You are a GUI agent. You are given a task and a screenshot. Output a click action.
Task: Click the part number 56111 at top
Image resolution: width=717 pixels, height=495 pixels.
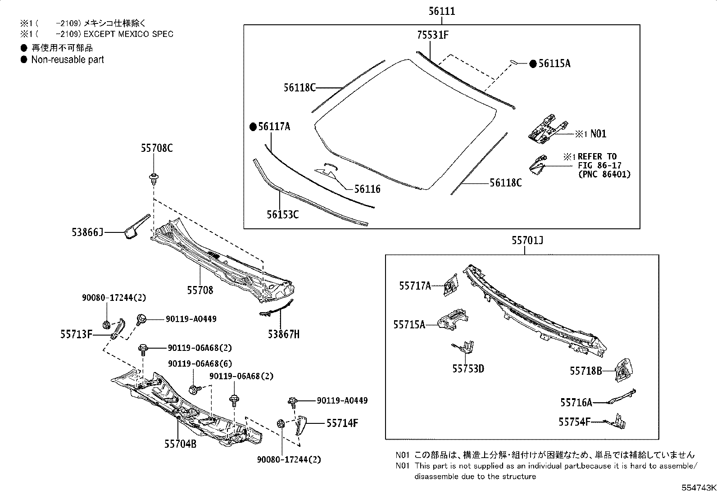(441, 11)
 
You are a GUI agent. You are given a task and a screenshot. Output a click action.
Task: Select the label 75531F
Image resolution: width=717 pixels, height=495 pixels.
(432, 35)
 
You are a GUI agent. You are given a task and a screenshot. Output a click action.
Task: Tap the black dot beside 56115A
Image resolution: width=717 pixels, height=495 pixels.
(533, 64)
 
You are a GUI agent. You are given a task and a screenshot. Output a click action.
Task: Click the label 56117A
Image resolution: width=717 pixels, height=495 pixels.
(274, 127)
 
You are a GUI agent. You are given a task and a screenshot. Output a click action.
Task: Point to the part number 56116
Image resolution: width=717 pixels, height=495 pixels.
(367, 189)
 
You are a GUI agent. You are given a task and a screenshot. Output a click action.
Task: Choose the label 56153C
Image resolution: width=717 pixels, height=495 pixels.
(282, 214)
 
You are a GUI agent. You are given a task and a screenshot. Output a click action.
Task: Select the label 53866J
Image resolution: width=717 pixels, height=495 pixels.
(87, 232)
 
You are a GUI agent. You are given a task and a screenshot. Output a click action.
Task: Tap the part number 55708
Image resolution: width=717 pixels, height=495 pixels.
(200, 290)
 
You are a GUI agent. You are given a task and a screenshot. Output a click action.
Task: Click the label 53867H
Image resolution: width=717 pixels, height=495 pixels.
(283, 334)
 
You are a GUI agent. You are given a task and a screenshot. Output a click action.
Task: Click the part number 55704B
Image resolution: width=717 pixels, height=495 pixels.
(180, 444)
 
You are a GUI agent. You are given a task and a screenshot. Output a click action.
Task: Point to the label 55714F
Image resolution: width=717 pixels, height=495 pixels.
(342, 423)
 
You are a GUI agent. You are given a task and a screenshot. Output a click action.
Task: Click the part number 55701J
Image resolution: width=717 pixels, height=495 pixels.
(527, 241)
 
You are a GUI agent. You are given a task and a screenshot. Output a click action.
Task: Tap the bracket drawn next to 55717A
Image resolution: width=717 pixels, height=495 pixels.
(451, 286)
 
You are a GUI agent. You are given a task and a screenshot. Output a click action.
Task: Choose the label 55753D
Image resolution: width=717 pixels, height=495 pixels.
(468, 369)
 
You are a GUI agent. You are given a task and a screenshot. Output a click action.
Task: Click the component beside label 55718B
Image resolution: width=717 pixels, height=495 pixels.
(624, 370)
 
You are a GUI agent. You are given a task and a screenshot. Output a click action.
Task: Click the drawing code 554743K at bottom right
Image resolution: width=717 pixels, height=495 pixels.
(698, 488)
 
